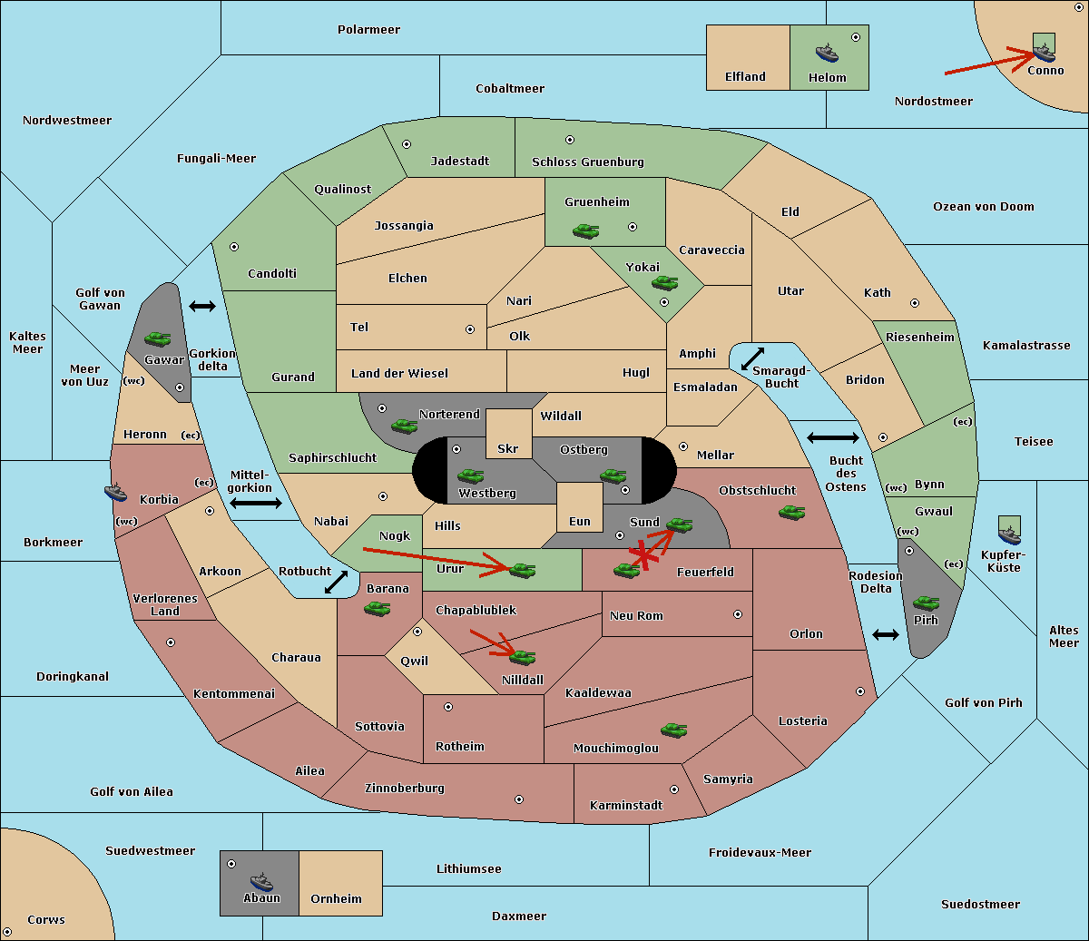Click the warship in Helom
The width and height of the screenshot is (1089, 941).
[x=827, y=53]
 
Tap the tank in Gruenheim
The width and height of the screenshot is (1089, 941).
[x=586, y=230]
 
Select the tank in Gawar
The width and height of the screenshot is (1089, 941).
[x=158, y=338]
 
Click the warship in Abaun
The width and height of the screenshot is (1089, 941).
[x=261, y=882]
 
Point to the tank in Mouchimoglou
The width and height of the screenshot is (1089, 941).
[x=674, y=730]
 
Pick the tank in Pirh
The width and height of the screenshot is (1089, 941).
[x=927, y=603]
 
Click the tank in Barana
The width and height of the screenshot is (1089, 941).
[x=378, y=609]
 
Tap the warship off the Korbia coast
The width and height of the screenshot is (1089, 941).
[x=115, y=492]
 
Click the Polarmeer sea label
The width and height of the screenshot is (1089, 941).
[x=368, y=30]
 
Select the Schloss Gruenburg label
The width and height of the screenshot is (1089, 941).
[x=588, y=162]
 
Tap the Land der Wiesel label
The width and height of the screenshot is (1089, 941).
[x=399, y=373]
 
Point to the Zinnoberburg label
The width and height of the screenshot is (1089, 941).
[x=405, y=788]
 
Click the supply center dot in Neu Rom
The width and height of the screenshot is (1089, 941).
[x=738, y=614]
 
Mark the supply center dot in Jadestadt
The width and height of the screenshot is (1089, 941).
[x=407, y=144]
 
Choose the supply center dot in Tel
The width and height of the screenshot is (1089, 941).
[x=470, y=329]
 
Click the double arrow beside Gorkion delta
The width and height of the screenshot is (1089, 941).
[x=202, y=306]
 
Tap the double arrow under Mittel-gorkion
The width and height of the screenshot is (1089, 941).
[x=256, y=503]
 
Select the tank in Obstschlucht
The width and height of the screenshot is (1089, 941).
[x=792, y=512]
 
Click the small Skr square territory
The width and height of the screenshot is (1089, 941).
[x=508, y=434]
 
